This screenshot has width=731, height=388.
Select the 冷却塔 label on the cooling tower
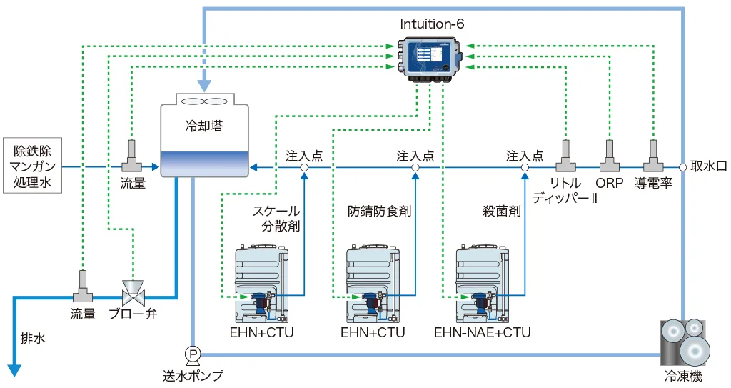[203, 126]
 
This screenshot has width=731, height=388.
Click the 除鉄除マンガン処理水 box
[33, 167]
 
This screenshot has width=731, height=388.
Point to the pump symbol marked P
[193, 353]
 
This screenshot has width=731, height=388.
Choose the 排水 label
[33, 338]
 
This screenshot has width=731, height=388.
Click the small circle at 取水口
[683, 167]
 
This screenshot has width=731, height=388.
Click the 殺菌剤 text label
[501, 212]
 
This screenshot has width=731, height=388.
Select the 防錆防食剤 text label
[379, 212]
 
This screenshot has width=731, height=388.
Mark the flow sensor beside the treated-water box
[132, 156]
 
